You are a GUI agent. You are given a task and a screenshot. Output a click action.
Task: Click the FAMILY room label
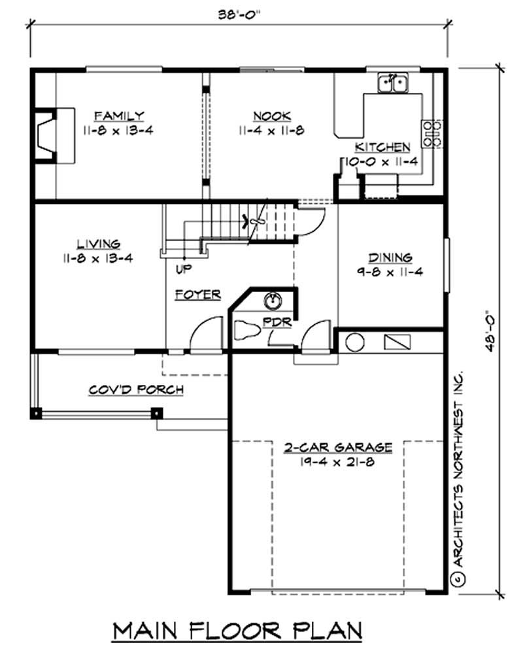118,116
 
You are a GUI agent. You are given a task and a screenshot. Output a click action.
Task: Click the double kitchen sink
393,83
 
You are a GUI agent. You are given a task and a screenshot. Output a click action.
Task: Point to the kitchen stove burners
432,132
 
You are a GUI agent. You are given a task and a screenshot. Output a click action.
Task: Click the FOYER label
197,295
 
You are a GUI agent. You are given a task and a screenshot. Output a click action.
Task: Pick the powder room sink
273,301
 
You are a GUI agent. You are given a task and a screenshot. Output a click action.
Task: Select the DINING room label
390,258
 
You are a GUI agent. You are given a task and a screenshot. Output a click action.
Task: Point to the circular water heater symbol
355,342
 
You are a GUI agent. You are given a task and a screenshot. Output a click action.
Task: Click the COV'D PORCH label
136,390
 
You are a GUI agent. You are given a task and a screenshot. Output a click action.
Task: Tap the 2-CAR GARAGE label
338,448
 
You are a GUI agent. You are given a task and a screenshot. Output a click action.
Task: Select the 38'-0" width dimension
238,14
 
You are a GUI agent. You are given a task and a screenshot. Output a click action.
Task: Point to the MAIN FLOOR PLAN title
238,632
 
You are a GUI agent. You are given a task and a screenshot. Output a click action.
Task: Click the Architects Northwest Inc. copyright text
458,477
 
